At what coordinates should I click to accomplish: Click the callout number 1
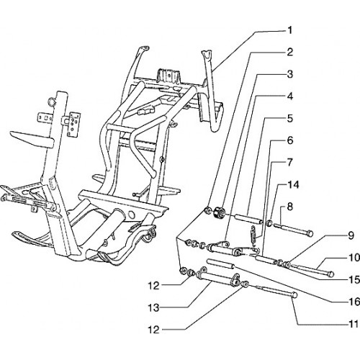(290, 30)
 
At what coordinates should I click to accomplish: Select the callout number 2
(290, 52)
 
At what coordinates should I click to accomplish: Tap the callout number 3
(290, 74)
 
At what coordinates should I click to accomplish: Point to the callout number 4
(290, 96)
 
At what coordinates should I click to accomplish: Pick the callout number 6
(290, 140)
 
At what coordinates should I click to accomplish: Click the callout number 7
(290, 163)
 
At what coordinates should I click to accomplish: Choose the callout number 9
(351, 235)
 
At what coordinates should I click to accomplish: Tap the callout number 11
(354, 324)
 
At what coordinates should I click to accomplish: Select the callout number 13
(153, 308)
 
